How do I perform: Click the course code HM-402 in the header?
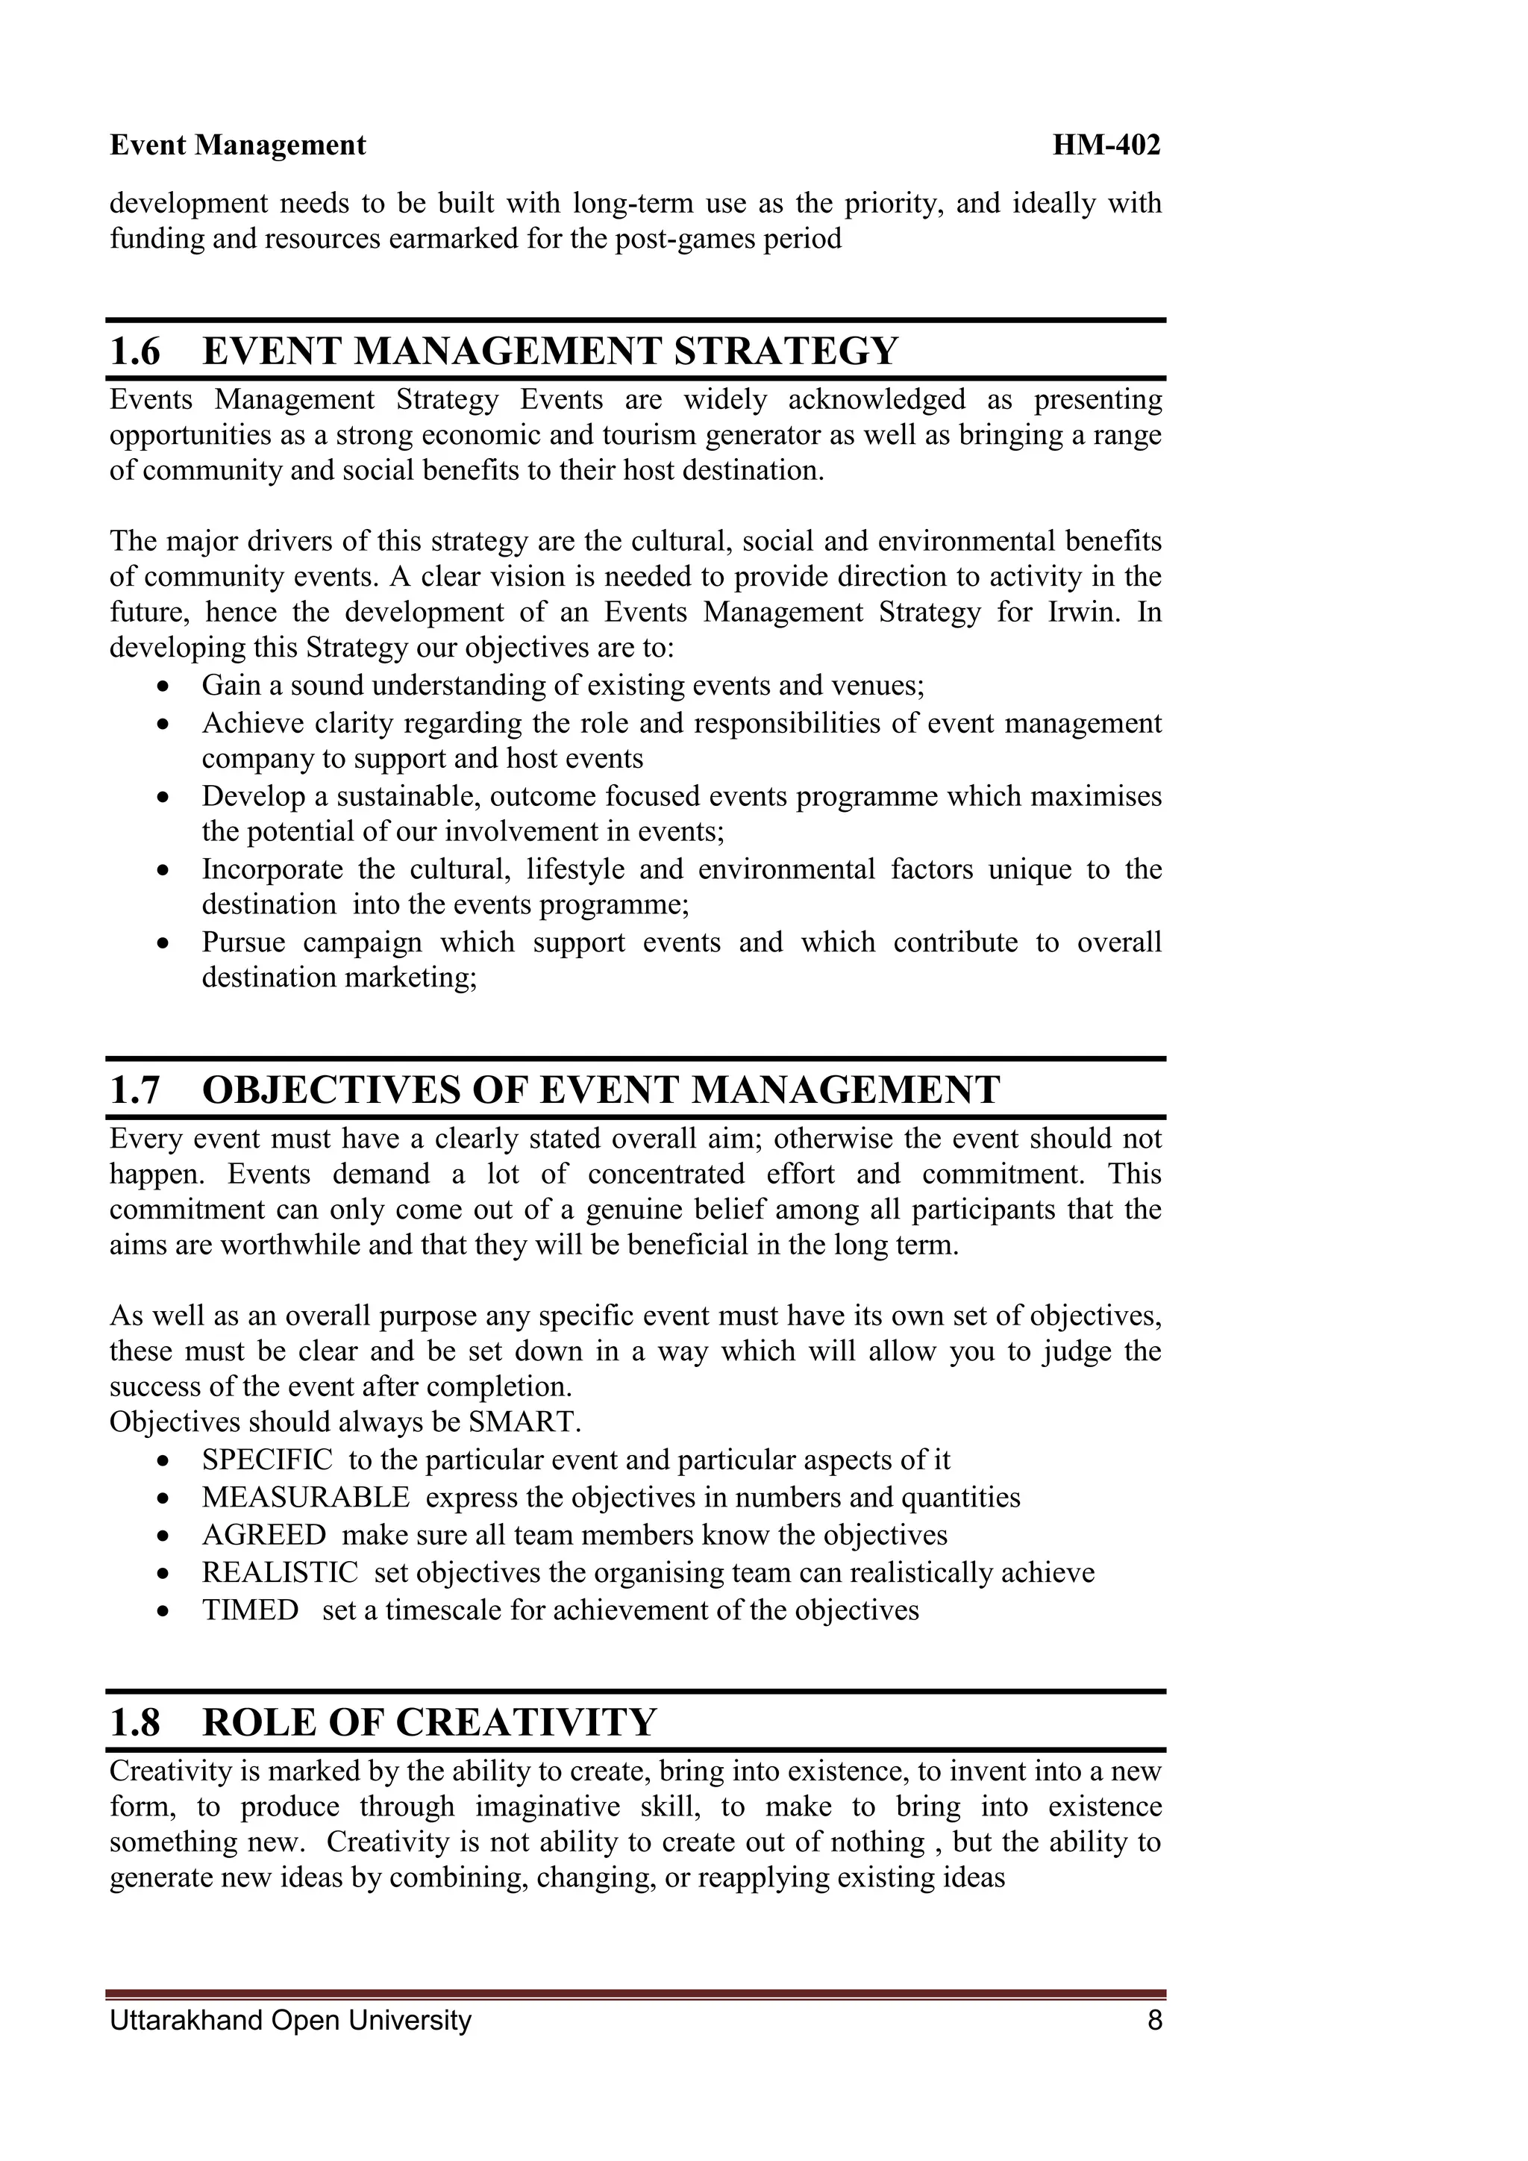[1106, 145]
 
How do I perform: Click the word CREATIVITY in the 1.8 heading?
[525, 1722]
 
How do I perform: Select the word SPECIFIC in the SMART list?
[267, 1460]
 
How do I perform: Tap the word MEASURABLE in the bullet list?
[306, 1498]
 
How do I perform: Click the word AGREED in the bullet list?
[263, 1535]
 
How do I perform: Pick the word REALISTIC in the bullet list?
[280, 1573]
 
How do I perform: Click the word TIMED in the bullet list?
[249, 1610]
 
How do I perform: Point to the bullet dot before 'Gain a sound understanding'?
[163, 687]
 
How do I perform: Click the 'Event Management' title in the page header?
[237, 145]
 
